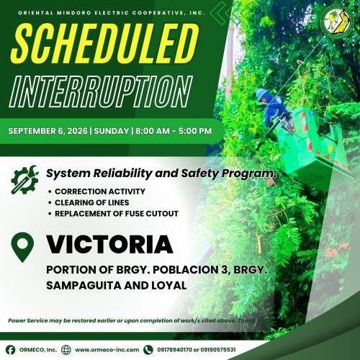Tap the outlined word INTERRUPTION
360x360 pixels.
tap(101, 91)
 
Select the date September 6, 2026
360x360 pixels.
tap(48, 131)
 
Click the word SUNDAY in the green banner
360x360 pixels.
tap(112, 131)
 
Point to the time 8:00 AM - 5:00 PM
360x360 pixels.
tap(174, 131)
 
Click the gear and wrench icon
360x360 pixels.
tap(24, 179)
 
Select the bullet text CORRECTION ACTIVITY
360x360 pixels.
tap(100, 192)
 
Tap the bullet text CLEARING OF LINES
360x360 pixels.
tap(92, 202)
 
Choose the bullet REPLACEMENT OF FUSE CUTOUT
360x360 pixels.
tap(117, 214)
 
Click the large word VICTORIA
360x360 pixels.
tap(109, 244)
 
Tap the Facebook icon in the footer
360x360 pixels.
tap(10, 350)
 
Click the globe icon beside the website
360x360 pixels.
tap(66, 350)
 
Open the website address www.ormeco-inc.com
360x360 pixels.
tap(107, 350)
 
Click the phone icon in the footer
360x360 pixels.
tap(148, 350)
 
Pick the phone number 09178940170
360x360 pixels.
tap(174, 350)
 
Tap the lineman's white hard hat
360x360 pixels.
tap(262, 94)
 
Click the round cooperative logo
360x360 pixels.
tap(337, 21)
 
